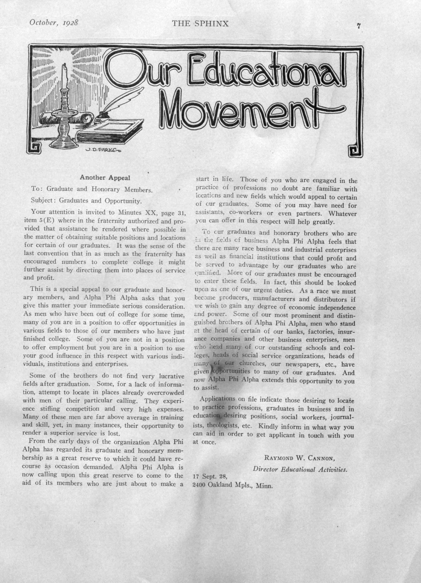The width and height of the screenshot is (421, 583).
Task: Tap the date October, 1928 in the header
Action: click(x=54, y=23)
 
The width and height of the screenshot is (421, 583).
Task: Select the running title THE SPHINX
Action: click(x=200, y=24)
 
